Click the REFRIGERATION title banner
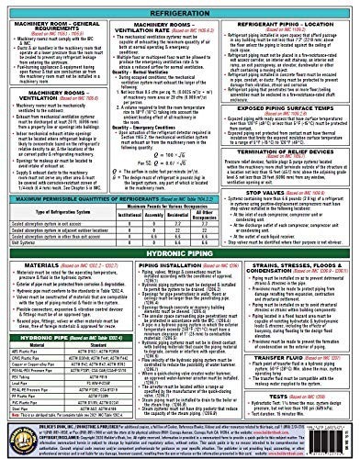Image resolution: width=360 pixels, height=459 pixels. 180,7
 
